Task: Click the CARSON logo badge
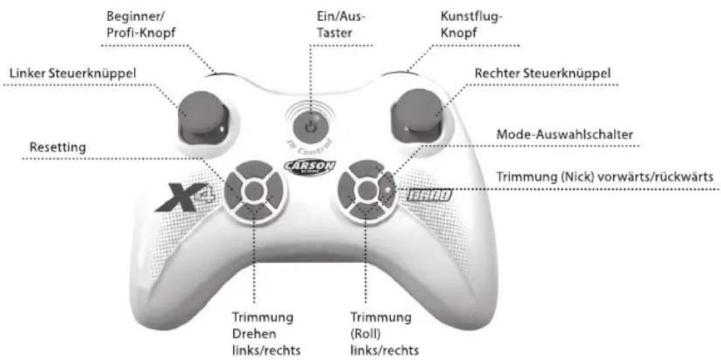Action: [310, 166]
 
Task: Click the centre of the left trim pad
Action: [255, 191]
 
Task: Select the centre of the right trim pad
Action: [366, 191]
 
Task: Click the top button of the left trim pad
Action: [255, 169]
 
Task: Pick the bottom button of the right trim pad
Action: [366, 210]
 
